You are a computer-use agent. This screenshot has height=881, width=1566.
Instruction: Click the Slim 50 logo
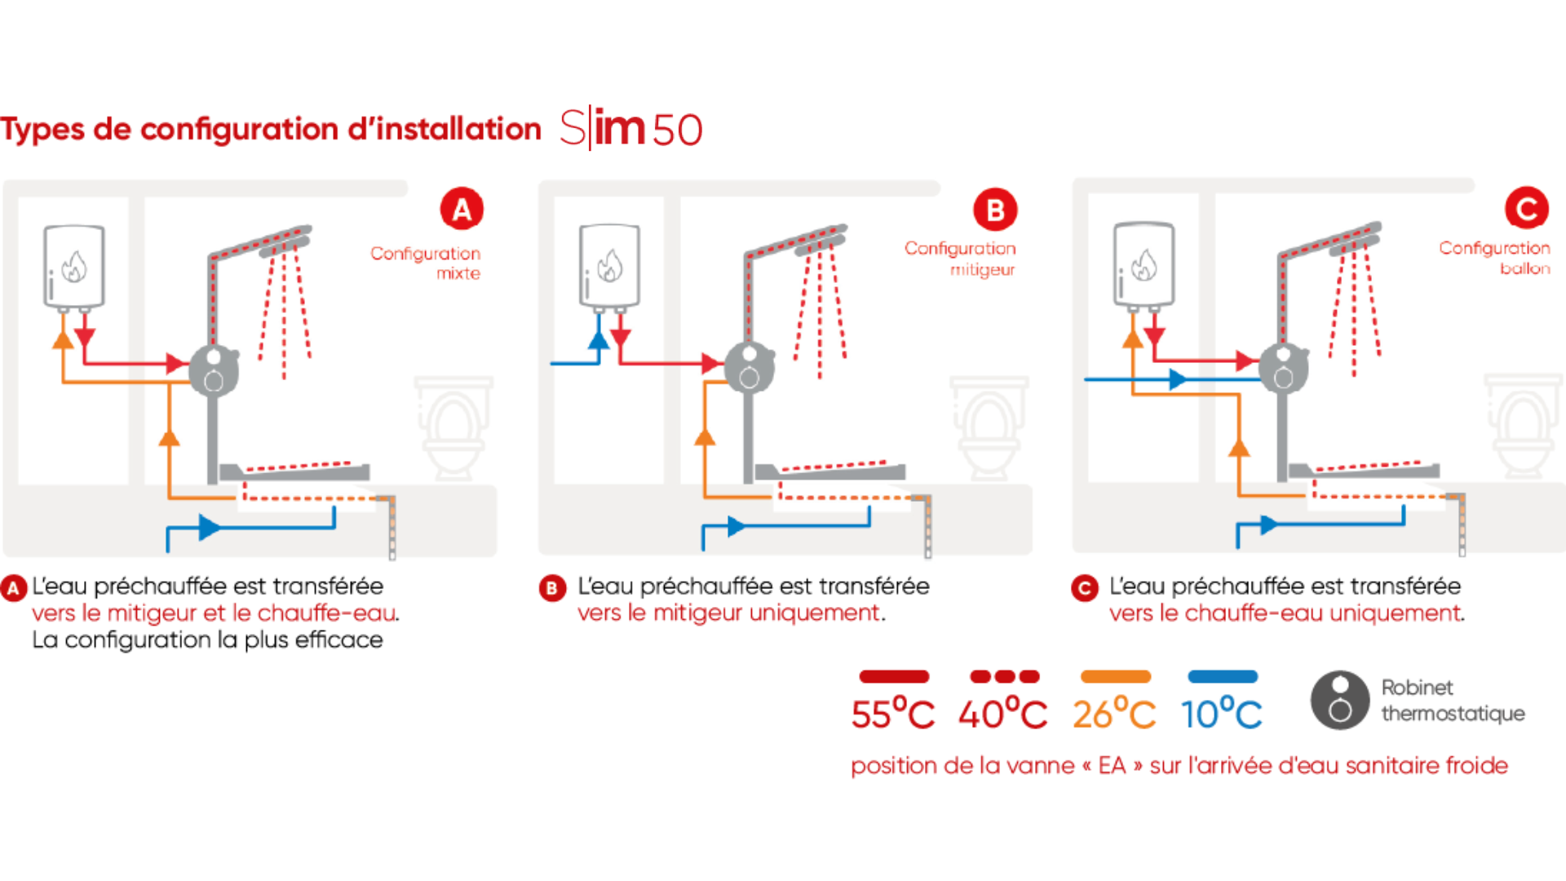coord(631,129)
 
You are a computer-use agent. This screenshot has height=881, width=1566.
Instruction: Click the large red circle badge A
coord(462,210)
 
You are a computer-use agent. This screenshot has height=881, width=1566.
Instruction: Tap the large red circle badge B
coord(995,210)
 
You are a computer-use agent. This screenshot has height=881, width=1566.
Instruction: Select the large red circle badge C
coord(1526,209)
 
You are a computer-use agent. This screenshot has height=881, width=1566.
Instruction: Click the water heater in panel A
coord(73,266)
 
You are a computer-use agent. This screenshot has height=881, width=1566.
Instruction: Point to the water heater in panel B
coord(609,266)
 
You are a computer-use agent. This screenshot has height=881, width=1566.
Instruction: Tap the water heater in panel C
coord(1144,263)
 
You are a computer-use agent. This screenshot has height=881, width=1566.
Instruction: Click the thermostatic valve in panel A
coord(214,370)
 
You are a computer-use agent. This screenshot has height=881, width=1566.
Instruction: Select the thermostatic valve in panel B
coord(749,368)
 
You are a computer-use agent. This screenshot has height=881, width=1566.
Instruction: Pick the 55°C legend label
coord(893,714)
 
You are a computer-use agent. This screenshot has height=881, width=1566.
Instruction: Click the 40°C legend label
coord(1002,714)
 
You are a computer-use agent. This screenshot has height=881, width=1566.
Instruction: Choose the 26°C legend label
coord(1114,714)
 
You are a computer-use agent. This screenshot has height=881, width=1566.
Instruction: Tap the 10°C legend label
coord(1222,714)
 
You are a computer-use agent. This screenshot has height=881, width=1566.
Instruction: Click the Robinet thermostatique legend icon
coord(1340,700)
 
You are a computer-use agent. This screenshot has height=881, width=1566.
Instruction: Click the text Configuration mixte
coord(426,263)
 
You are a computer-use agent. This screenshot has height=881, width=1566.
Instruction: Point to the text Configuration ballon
coord(1494,258)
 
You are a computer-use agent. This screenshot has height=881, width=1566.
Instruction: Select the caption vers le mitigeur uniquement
coord(728,613)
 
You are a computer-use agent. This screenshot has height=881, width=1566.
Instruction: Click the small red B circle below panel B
coord(552,588)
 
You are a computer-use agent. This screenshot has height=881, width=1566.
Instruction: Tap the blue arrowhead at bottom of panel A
coord(209,527)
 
